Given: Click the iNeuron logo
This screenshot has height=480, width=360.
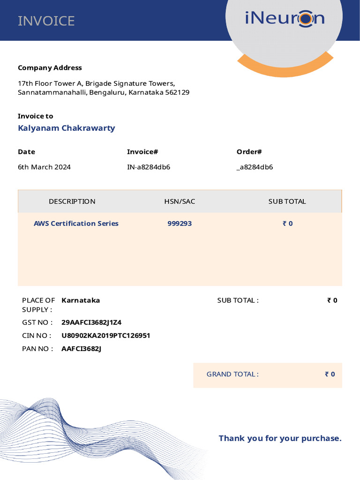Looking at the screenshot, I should pos(285,19).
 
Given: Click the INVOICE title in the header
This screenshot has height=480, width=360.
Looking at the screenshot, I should pos(46,21).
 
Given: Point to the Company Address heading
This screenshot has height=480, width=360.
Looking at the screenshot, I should pos(50,68).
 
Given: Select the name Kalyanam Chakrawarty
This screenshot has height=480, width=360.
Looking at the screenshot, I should pos(66,128).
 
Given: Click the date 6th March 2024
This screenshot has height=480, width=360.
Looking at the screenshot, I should pos(44,167).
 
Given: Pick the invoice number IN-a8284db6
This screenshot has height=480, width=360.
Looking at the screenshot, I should pos(149,167).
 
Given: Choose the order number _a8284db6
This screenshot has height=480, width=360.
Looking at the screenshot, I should pos(255,167).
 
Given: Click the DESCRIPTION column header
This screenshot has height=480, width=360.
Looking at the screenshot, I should pos(72,202).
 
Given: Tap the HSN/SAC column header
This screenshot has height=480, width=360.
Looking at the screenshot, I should pos(180,202).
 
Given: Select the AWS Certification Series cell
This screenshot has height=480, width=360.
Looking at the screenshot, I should pos(76,224).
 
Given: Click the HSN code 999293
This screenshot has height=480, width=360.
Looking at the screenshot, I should pos(180,224).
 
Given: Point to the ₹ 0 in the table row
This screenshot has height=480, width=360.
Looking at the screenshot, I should pos(287,224).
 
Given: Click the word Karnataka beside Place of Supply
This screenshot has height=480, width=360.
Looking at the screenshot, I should pos(81,300).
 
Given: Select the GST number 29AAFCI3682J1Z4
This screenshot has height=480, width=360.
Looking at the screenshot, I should pos(91,322).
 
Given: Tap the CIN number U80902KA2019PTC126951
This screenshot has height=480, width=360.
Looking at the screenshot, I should pos(105,336).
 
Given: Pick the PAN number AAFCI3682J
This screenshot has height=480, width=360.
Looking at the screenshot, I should pos(81,349).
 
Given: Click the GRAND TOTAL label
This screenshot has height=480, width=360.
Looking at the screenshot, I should pos(232,375).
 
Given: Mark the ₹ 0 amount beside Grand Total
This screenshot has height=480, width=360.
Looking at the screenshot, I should pos(330,375).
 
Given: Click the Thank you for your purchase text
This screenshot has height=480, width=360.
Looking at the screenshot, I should pos(280,439).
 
